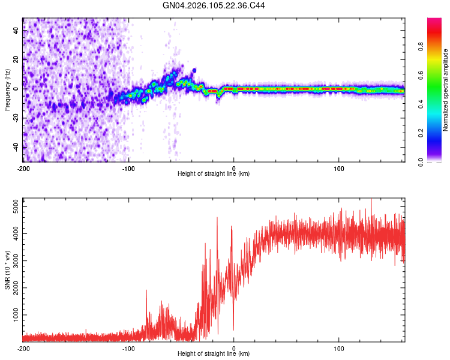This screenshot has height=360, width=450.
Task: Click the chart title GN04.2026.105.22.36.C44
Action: point(214,5)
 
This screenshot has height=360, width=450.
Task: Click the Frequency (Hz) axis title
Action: point(7,89)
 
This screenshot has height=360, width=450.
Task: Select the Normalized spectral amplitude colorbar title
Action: point(445,90)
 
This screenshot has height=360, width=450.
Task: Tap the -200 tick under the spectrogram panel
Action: point(23,167)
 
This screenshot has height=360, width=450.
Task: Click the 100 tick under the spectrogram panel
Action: point(339,167)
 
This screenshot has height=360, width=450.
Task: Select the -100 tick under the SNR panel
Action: point(128,348)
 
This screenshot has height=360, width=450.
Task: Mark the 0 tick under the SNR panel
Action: point(234,348)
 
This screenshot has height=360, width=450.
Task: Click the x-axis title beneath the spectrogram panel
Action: point(214,173)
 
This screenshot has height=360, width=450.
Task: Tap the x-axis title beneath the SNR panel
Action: point(214,354)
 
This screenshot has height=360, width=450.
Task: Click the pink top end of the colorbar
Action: point(435,22)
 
